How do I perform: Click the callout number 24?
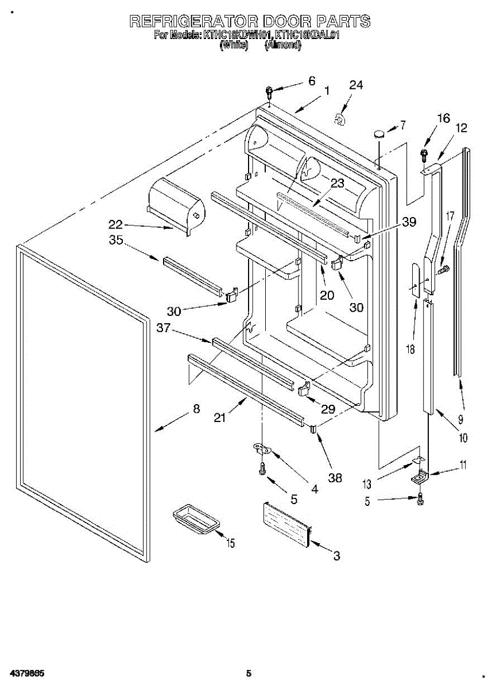(x=356, y=86)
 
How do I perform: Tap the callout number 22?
(x=117, y=224)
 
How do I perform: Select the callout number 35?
(x=116, y=241)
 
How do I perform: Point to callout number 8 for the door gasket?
(x=196, y=409)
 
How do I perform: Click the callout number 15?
(x=230, y=543)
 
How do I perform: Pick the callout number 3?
(x=337, y=556)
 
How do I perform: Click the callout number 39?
(x=409, y=222)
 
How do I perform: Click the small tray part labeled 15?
(x=196, y=520)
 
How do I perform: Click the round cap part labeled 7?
(x=379, y=134)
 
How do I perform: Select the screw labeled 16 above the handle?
(x=425, y=153)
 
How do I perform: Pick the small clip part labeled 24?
(x=340, y=119)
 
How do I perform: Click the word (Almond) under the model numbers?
(x=282, y=45)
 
